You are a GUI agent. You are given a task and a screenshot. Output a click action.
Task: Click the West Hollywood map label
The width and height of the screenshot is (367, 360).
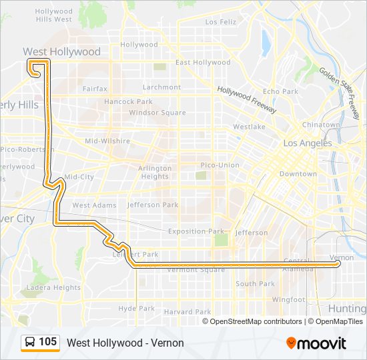(61, 51)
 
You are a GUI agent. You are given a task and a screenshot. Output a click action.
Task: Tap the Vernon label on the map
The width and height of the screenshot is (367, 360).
(342, 257)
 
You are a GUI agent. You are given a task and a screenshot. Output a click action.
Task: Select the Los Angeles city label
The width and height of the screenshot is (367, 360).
(307, 143)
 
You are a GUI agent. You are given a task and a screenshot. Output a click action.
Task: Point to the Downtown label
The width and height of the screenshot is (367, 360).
(298, 174)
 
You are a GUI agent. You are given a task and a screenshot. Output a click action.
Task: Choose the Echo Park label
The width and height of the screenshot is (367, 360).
(280, 91)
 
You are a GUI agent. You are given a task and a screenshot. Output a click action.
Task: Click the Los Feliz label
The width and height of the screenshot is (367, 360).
(221, 22)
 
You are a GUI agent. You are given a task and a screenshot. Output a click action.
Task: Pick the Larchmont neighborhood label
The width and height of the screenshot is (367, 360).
(161, 87)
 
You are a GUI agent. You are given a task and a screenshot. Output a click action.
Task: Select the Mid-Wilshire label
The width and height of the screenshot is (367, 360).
(107, 141)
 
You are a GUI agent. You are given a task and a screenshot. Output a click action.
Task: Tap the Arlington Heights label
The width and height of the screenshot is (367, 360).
(155, 173)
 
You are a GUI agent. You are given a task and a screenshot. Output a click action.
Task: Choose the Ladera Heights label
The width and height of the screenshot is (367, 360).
(53, 288)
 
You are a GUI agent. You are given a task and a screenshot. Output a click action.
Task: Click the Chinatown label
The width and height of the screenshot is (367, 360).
(321, 125)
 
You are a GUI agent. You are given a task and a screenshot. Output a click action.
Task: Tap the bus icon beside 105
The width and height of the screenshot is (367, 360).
(30, 342)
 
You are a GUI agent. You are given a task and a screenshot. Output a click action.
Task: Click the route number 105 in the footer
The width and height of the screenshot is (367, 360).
(48, 342)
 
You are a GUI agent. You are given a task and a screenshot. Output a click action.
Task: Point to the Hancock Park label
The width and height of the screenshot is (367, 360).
(128, 102)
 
